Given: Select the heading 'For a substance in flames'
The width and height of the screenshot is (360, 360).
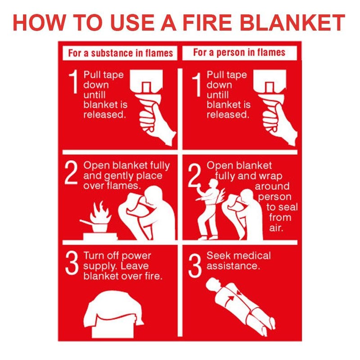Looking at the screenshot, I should coord(120,53).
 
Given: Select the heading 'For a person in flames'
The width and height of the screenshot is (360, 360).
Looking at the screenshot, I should coord(239,52).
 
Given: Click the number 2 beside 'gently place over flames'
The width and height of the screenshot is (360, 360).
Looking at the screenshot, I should coord(72,174).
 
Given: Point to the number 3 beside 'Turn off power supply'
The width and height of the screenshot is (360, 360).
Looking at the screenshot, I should coord(72,265).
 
